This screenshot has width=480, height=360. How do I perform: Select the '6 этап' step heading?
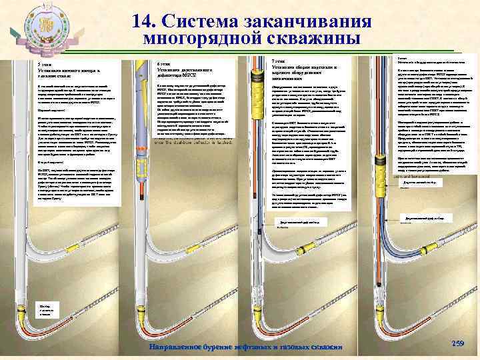point(165,64)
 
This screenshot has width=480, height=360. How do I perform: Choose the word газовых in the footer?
point(295,347)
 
